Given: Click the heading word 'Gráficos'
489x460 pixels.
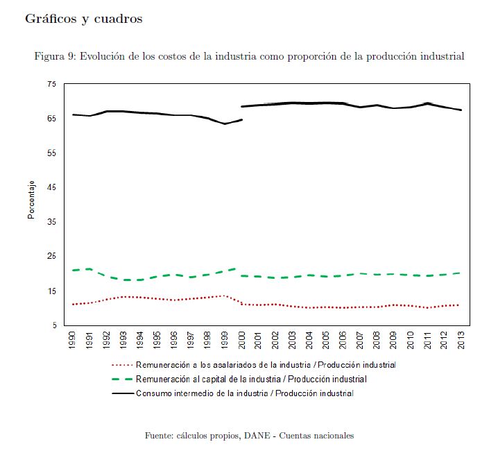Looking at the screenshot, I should tap(51, 19).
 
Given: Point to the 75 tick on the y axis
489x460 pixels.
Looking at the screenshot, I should tap(51, 84).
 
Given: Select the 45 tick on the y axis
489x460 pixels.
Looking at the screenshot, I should tap(51, 187).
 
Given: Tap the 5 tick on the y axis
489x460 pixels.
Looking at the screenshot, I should tap(53, 325).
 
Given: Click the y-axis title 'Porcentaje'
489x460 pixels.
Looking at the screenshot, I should tap(31, 201).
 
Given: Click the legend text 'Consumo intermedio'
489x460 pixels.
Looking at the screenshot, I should tap(173, 393).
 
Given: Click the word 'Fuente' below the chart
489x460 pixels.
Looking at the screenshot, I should tap(159, 436).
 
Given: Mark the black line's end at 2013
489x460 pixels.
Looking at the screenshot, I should tap(461, 110).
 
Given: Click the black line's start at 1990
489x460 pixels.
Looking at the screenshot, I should tap(73, 114).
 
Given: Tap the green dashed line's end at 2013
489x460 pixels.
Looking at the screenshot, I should tap(461, 273).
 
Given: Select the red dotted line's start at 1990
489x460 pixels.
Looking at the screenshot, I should tap(73, 304).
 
